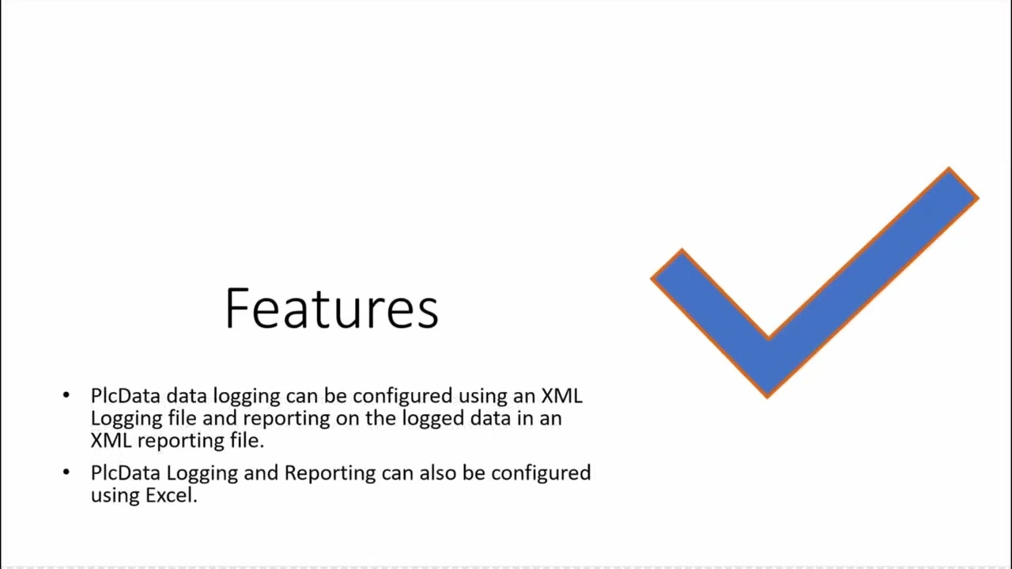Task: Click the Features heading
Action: [x=331, y=308]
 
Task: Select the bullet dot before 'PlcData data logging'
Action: [x=66, y=394]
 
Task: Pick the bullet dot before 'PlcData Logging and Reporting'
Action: [x=66, y=473]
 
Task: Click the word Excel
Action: [x=171, y=496]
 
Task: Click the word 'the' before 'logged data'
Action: [x=379, y=418]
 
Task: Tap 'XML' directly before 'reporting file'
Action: [x=111, y=440]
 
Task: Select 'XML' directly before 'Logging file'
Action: [x=561, y=395]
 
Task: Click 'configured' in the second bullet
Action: [x=541, y=473]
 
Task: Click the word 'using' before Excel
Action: [x=115, y=496]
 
